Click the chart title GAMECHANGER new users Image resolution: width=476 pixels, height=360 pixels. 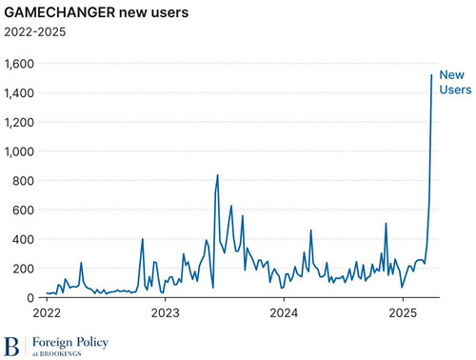click(x=96, y=12)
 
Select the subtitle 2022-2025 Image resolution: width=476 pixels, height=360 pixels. click(x=35, y=31)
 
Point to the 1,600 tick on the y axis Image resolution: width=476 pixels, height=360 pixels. click(x=19, y=64)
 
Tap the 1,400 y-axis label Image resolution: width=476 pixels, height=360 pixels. click(x=19, y=93)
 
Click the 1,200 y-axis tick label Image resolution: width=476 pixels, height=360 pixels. click(x=19, y=122)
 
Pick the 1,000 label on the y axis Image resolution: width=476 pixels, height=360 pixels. click(x=19, y=151)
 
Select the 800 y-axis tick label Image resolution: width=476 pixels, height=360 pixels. click(x=23, y=181)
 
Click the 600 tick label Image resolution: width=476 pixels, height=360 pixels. click(x=23, y=210)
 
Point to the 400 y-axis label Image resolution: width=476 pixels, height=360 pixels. click(x=23, y=239)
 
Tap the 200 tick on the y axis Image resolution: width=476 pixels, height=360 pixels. click(x=23, y=269)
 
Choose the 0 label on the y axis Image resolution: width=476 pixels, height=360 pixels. click(x=30, y=298)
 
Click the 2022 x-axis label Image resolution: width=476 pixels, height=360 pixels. click(x=47, y=313)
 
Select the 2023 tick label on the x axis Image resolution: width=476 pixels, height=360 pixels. click(x=166, y=313)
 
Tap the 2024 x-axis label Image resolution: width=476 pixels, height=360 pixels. click(x=284, y=313)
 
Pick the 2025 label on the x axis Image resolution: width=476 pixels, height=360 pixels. click(x=403, y=313)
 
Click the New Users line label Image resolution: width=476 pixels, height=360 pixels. click(x=455, y=82)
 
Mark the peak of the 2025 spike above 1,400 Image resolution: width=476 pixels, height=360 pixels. click(x=431, y=75)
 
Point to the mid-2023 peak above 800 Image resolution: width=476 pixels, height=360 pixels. click(x=217, y=174)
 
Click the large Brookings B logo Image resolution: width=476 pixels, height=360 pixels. click(x=11, y=347)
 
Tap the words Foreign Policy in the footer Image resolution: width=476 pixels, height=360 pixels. click(x=70, y=342)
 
